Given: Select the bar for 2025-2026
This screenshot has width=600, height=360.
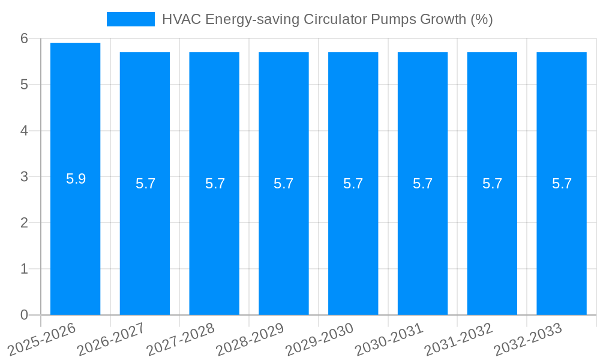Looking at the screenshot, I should [75, 240].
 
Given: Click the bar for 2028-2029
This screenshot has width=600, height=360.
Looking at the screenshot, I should [284, 240].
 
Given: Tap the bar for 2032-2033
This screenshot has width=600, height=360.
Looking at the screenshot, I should [562, 240].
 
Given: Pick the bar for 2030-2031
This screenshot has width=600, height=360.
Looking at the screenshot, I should [422, 240].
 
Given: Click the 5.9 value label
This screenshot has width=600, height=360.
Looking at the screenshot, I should [76, 179].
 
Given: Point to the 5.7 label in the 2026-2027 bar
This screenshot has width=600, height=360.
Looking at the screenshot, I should [145, 184].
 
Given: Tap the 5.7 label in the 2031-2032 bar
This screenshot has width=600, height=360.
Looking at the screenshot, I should [492, 184].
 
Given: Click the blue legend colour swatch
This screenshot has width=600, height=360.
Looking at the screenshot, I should [130, 19].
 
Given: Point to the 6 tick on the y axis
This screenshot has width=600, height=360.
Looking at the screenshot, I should [24, 38].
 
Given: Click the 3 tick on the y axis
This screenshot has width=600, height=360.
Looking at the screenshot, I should [24, 177].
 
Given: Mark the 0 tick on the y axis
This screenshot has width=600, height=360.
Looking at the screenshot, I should [24, 315].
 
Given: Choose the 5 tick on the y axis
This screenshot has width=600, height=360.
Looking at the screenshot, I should [24, 85].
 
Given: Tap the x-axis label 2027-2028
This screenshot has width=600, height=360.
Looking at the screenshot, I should [181, 340].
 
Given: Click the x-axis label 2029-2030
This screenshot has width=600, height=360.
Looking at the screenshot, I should [320, 340].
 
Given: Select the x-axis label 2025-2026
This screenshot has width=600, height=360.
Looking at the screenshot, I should [42, 340].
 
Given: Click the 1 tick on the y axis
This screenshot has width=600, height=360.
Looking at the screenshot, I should [24, 269].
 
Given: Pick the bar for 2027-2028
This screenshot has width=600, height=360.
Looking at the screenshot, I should [214, 240].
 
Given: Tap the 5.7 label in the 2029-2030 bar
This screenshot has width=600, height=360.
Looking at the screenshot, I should [353, 184].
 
